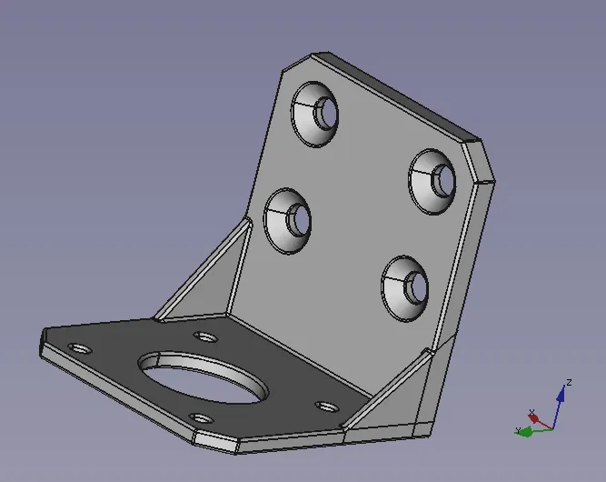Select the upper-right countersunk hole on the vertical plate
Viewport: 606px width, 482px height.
coord(433,179)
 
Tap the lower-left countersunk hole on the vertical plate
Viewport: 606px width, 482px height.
coord(289,220)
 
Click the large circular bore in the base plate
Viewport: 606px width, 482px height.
coord(204,378)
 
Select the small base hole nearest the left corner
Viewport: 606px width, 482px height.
coord(80,348)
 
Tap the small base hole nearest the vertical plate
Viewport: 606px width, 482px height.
coord(206,336)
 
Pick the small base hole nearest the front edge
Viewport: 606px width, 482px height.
coord(202,419)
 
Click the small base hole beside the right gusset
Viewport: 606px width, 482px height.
coord(325,406)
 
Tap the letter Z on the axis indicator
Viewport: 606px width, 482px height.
coord(568,383)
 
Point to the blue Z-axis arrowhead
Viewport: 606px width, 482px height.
coord(561,394)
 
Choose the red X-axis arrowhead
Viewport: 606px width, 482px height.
coord(534,418)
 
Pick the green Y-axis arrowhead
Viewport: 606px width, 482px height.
coord(522,432)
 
